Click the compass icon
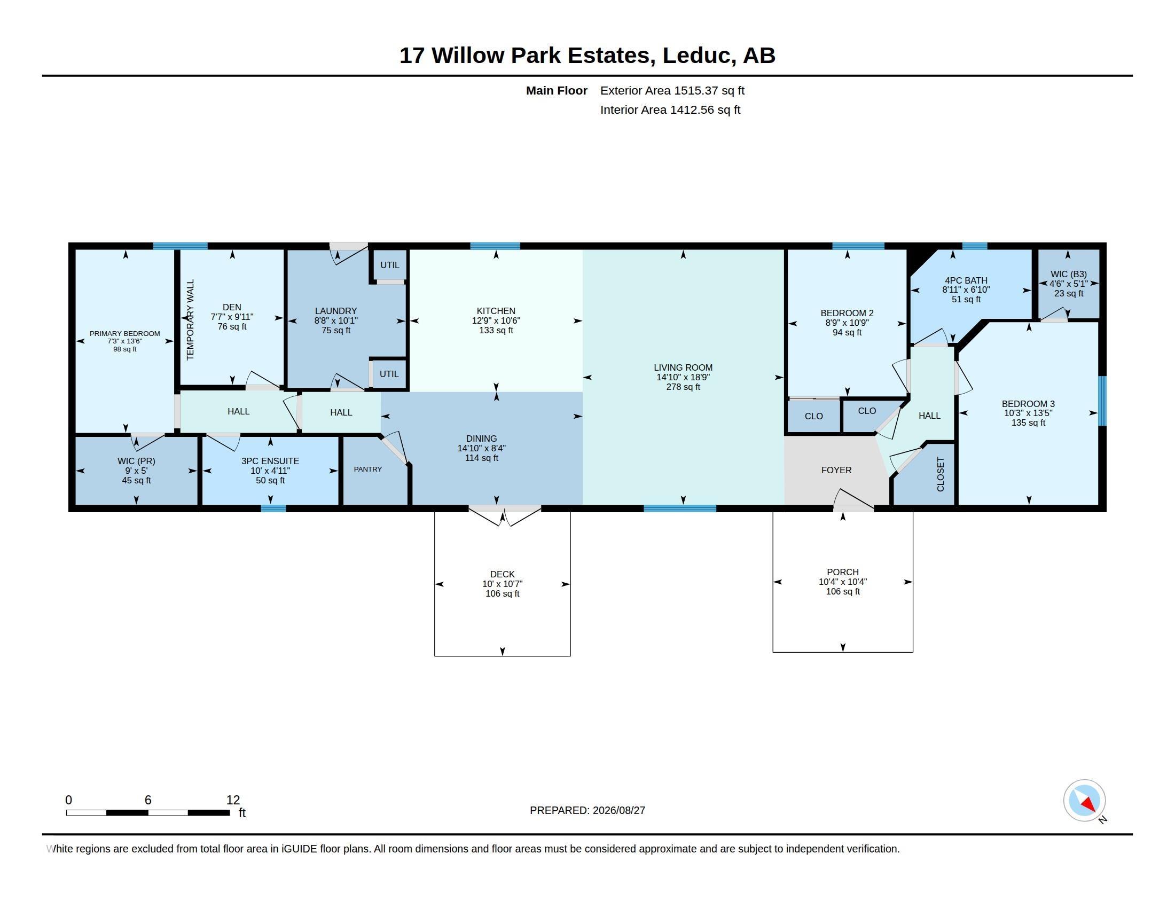click(1084, 801)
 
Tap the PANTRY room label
click(368, 469)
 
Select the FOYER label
click(836, 470)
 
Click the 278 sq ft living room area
click(683, 387)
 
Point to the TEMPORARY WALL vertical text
click(190, 319)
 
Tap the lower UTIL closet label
click(389, 374)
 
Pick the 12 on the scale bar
click(233, 800)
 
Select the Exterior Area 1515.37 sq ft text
click(672, 90)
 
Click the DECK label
click(503, 574)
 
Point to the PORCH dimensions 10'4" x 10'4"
click(842, 582)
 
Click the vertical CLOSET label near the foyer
click(941, 474)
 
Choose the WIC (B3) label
click(1069, 274)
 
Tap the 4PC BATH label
click(966, 280)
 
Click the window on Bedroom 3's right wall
click(1102, 401)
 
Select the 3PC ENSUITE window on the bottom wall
click(273, 508)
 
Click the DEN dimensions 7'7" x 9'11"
click(232, 317)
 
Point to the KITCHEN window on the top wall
click(495, 246)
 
